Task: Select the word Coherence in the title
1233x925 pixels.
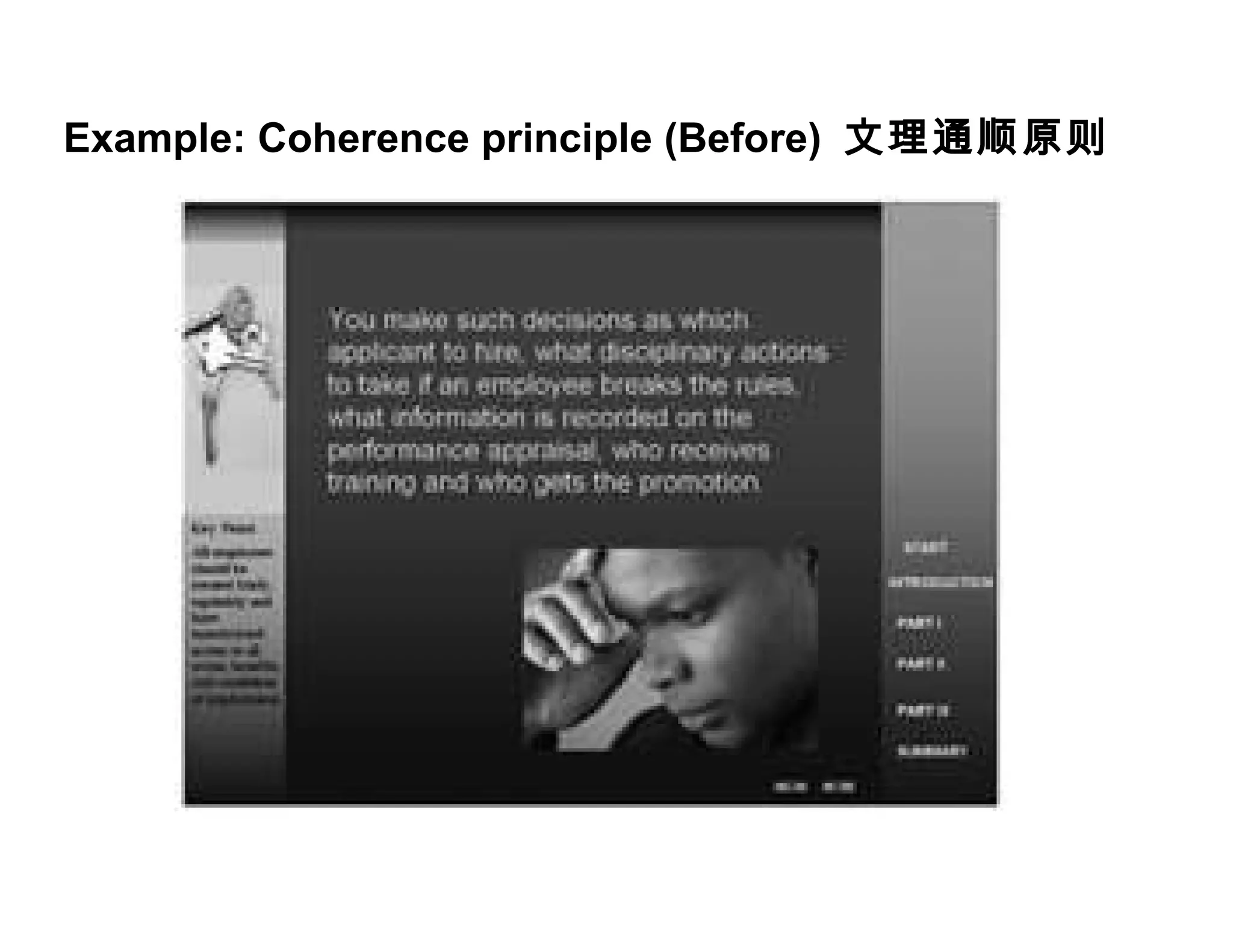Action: click(363, 139)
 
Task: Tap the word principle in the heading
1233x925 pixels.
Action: click(567, 139)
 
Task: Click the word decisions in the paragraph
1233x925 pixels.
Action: click(577, 320)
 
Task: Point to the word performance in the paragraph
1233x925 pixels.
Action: click(403, 450)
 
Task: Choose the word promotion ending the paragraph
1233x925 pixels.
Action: click(699, 483)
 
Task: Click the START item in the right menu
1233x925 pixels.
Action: click(926, 547)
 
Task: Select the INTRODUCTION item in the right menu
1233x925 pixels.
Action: click(939, 582)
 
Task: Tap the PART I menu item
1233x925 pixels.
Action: click(919, 623)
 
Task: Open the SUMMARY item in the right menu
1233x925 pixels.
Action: click(932, 751)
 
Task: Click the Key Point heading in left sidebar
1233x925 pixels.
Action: click(223, 529)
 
